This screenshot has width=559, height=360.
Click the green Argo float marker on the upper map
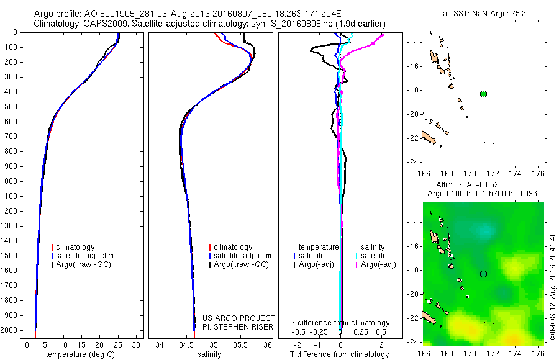click(483, 94)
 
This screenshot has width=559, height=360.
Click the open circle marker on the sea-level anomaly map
click(483, 274)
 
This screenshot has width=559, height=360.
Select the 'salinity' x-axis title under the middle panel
click(209, 354)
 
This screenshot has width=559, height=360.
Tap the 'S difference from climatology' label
click(340, 323)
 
